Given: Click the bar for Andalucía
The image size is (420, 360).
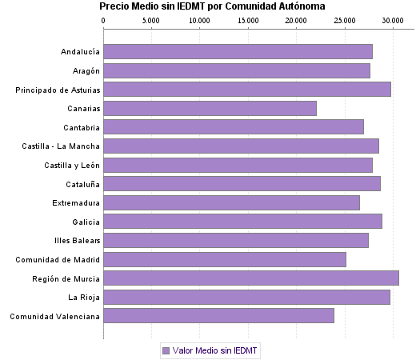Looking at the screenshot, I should point(238,52).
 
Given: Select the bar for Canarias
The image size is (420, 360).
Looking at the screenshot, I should point(210,109).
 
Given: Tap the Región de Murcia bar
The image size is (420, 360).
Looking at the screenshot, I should point(250,278).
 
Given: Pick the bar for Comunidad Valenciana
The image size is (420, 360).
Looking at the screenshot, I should point(218,316).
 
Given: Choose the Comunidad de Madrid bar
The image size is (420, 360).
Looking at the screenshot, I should point(224,259).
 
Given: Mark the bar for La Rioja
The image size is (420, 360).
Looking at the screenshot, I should point(246,298).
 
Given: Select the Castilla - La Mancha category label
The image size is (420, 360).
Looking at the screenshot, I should point(61,146).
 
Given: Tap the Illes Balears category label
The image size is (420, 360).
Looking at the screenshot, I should point(78,241).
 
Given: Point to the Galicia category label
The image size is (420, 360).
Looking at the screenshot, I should point(86,222).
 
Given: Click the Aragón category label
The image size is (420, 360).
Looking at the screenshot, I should point(84,71).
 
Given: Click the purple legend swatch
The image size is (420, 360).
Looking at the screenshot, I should point(166,350).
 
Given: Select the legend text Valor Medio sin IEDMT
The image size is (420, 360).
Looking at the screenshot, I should point(215,350).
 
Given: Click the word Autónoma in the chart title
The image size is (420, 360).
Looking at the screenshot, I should point(300,6).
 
